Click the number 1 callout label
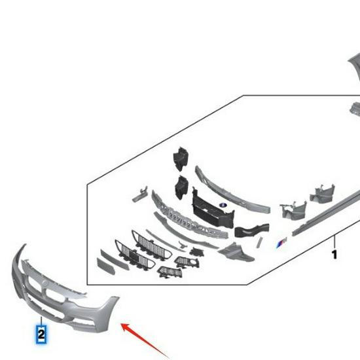coord(334,254)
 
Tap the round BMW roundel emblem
coord(223,206)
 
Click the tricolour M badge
coord(281,243)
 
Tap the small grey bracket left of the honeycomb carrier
coord(137,194)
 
